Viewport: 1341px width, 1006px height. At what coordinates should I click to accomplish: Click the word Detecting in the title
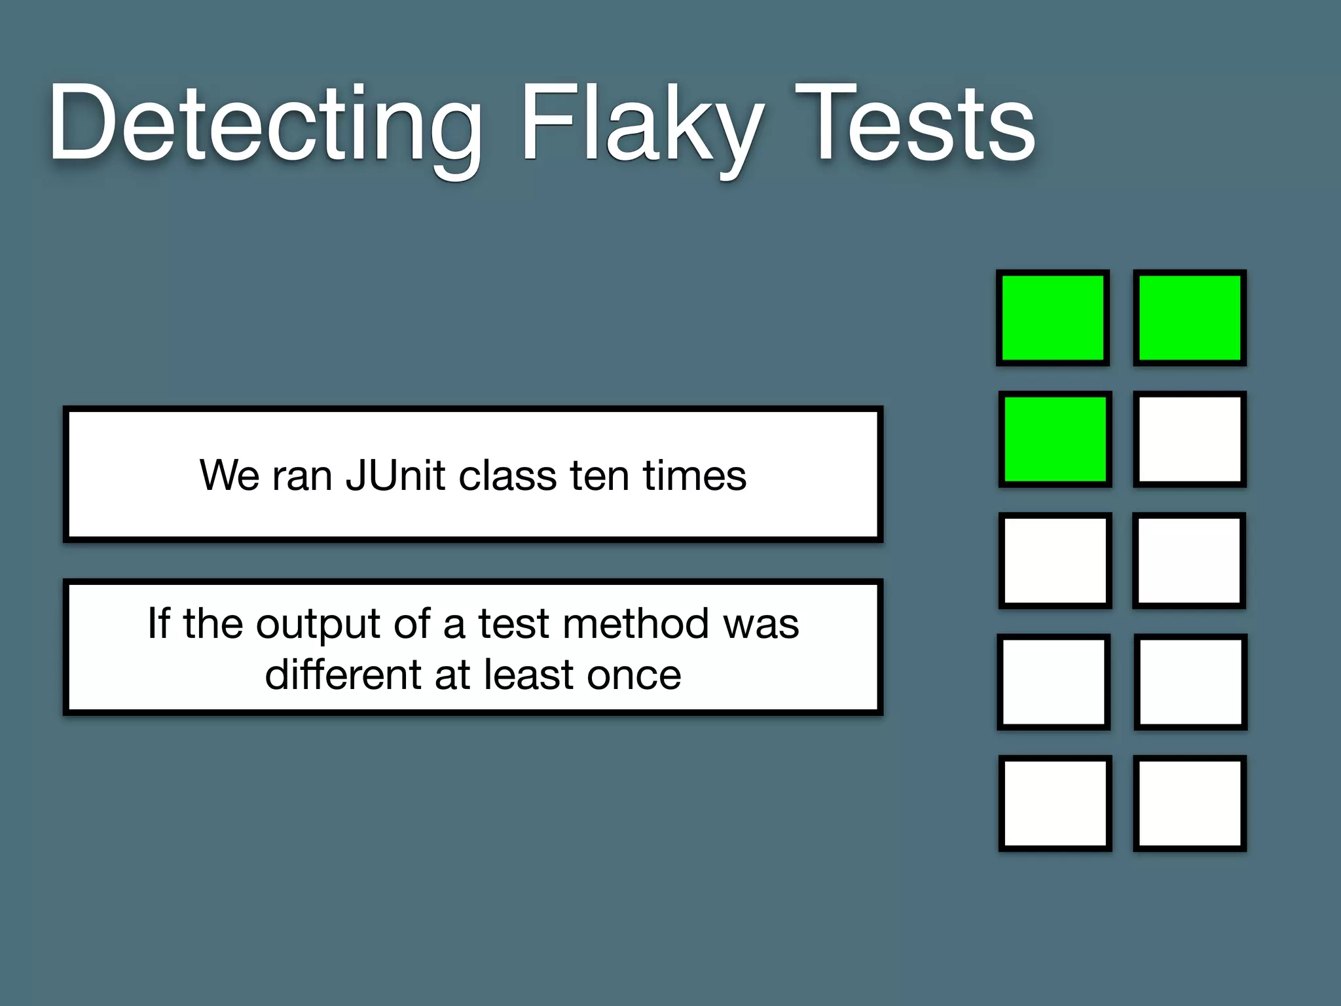click(x=265, y=124)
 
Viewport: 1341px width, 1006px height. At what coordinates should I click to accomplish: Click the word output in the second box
click(x=318, y=624)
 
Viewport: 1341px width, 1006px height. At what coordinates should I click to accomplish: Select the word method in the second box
click(x=635, y=624)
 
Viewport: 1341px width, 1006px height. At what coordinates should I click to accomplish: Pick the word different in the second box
click(x=344, y=675)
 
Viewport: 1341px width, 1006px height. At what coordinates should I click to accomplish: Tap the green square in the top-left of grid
click(x=1053, y=318)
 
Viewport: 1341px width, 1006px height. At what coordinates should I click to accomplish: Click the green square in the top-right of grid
click(x=1190, y=318)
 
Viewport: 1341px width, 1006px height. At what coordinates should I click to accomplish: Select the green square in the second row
click(x=1055, y=439)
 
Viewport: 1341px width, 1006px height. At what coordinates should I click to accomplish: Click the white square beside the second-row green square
click(x=1190, y=439)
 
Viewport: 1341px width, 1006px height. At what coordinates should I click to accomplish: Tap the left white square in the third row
click(x=1055, y=561)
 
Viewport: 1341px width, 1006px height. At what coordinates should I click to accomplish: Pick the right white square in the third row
click(x=1189, y=561)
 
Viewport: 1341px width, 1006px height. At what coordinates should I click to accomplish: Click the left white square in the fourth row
click(x=1054, y=682)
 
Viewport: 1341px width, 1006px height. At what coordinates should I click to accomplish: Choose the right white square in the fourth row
click(x=1190, y=682)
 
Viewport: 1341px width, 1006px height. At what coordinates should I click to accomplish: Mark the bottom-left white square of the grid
click(x=1055, y=803)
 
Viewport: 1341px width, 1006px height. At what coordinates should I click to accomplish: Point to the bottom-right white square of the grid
click(x=1190, y=803)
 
